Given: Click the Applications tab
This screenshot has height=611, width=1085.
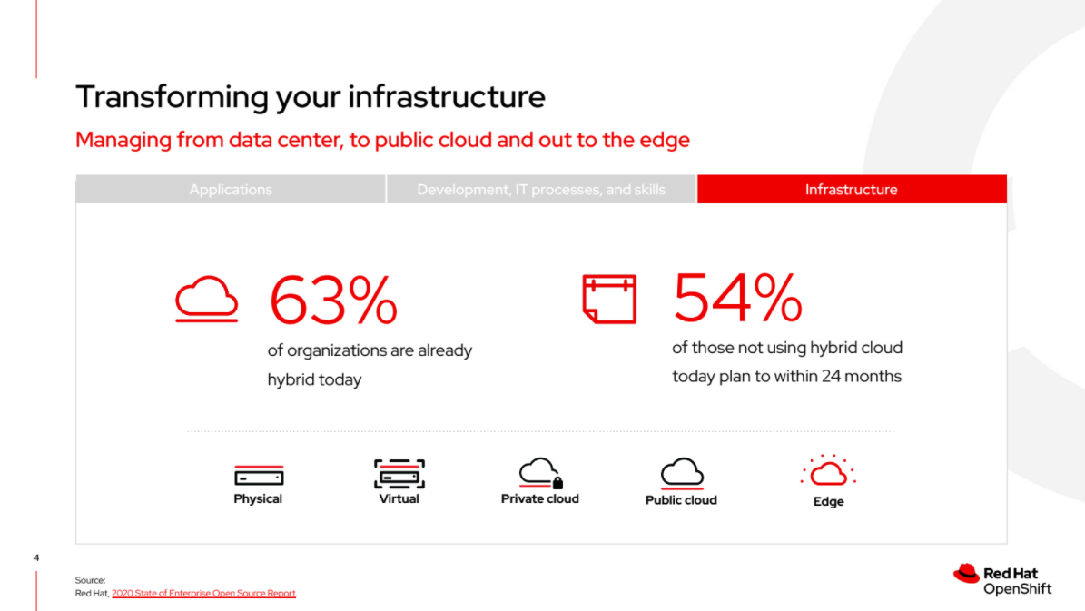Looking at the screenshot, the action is (231, 190).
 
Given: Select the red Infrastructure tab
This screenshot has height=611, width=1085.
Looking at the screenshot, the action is (852, 190).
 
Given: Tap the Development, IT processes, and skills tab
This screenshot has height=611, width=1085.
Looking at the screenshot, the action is (541, 190).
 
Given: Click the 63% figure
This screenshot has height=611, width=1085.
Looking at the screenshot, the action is (333, 301).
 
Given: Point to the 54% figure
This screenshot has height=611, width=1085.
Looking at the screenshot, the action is (737, 298).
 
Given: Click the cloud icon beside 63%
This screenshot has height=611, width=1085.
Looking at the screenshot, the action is (207, 300).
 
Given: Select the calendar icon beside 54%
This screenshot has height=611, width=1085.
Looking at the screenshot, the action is (609, 299).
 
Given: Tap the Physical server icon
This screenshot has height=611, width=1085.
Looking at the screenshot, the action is (259, 476).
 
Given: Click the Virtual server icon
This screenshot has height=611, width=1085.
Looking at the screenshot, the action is (399, 474).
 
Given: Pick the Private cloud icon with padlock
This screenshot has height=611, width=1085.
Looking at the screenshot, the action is (540, 473).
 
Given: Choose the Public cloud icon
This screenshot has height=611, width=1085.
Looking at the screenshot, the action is (682, 473).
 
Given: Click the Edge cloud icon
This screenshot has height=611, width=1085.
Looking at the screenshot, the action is (828, 471).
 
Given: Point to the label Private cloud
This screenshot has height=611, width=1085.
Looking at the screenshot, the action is (539, 499).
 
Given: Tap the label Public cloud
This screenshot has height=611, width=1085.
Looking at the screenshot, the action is (681, 500).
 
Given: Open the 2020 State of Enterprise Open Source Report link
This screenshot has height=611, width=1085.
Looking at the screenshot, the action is (203, 593).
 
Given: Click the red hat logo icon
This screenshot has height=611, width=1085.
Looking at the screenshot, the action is (966, 574).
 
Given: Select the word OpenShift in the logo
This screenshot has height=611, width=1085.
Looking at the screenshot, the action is (1017, 589).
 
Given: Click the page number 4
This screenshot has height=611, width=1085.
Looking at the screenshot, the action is (36, 557).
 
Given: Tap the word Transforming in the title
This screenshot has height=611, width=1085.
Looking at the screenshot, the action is (173, 97).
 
